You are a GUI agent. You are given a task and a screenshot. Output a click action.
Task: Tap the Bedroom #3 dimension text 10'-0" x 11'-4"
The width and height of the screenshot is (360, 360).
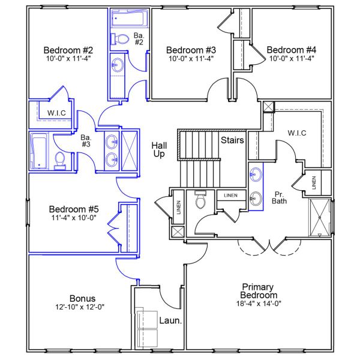[191, 59]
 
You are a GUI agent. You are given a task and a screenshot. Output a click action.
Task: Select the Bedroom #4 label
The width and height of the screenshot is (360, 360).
[292, 50]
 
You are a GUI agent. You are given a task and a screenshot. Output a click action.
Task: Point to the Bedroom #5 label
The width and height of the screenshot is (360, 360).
[74, 209]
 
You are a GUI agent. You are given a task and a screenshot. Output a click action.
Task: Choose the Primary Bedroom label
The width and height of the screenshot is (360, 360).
[259, 291]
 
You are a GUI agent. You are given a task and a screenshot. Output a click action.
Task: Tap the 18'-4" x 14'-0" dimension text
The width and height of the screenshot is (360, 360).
[259, 304]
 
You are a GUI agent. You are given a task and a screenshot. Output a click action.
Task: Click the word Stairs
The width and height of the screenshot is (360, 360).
[232, 141]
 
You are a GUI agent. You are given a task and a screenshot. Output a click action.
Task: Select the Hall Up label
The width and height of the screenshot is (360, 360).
[159, 150]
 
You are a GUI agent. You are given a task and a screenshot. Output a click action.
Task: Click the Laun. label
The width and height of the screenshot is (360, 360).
[170, 321]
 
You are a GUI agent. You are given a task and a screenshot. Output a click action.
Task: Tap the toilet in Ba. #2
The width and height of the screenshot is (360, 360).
[122, 39]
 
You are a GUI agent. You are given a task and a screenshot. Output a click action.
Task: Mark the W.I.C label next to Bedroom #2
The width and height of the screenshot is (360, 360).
[56, 113]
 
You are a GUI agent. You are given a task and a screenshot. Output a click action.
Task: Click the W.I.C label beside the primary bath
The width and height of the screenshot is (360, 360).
[296, 133]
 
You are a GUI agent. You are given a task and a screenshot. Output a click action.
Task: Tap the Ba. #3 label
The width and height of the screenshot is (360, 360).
[88, 140]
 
